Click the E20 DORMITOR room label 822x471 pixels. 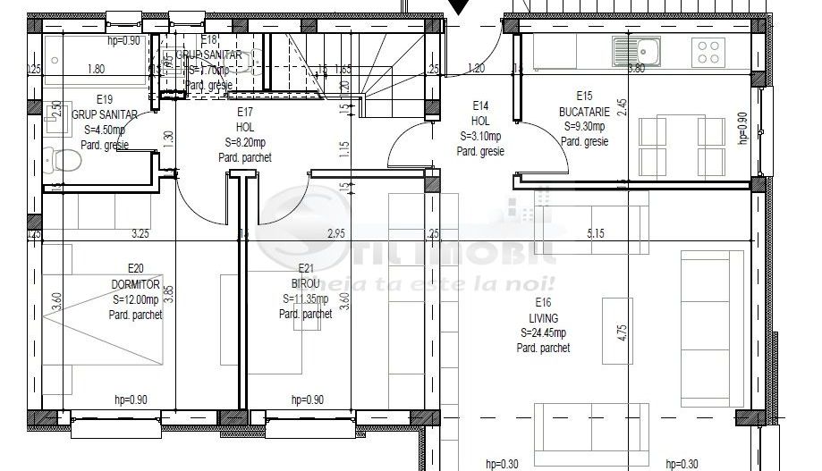136,275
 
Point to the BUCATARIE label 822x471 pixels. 584,112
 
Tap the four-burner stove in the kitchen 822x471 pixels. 710,51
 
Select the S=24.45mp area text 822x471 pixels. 543,333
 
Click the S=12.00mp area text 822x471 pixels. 136,299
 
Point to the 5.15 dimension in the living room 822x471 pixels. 597,233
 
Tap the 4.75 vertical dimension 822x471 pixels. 623,333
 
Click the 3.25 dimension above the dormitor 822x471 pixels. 140,233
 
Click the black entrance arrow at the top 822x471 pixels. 457,7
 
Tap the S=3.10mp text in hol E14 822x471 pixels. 480,137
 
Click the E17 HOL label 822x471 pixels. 245,119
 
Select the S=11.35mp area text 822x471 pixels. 305,299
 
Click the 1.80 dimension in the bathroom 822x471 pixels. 97,68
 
